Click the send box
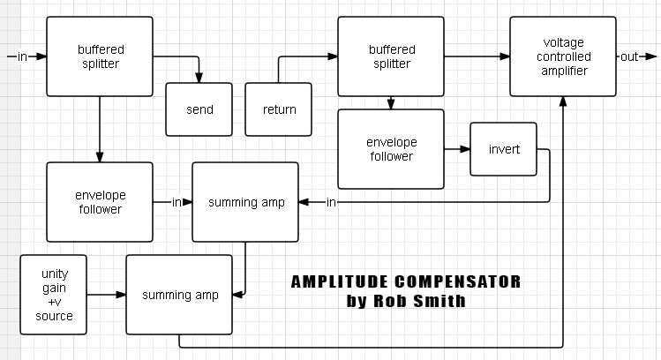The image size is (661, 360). click(199, 109)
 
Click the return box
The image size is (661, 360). click(280, 109)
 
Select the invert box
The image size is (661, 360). click(504, 149)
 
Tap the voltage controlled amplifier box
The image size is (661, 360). click(562, 56)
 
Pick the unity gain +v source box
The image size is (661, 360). click(54, 295)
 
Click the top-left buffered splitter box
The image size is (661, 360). click(99, 56)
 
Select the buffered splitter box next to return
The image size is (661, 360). click(391, 56)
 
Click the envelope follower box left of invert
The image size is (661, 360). click(391, 149)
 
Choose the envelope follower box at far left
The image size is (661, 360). click(99, 202)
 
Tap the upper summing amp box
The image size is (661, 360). click(245, 202)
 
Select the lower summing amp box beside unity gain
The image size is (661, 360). click(179, 295)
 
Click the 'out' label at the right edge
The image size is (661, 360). click(629, 56)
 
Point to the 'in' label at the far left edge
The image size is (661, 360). click(22, 56)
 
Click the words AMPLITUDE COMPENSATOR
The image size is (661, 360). click(406, 282)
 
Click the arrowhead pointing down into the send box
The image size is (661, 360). click(199, 78)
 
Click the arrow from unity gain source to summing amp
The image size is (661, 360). click(107, 295)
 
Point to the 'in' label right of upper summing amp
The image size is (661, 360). click(331, 203)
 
